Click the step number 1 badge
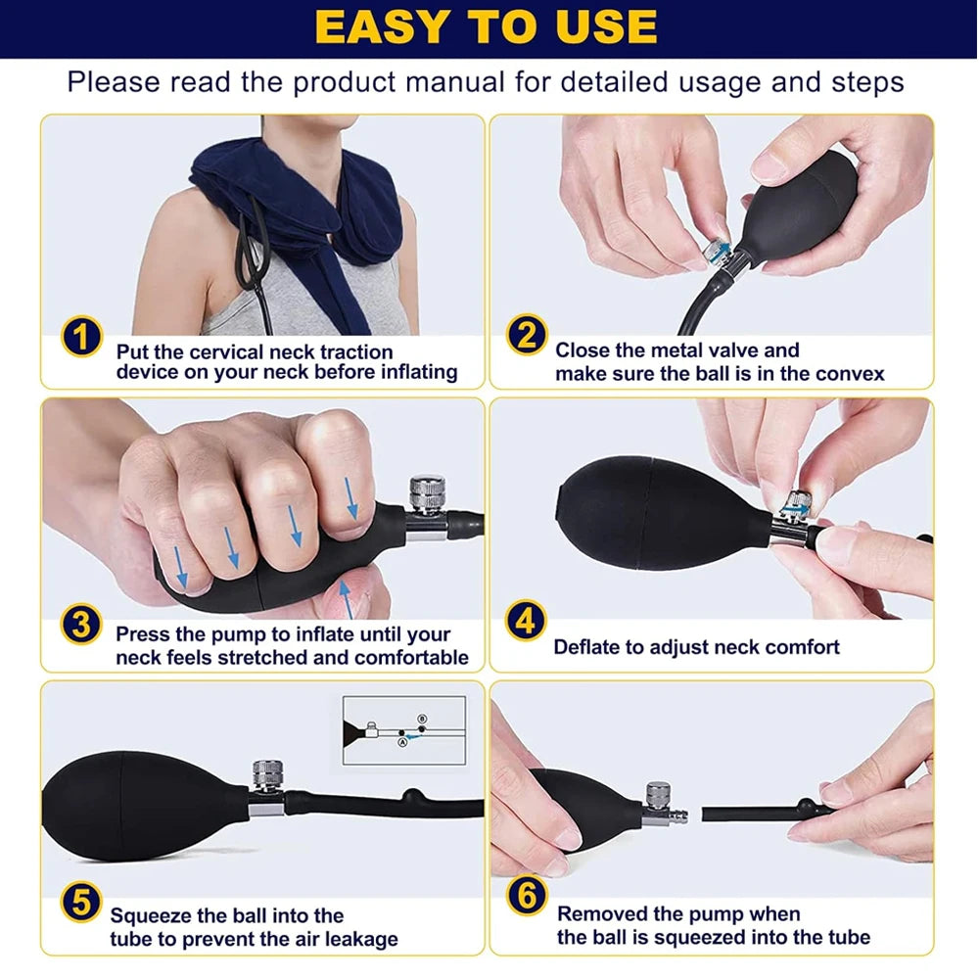82,337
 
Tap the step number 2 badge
526,337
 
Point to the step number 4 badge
526,622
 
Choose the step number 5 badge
82,901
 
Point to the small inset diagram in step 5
402,730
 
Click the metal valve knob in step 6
658,794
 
